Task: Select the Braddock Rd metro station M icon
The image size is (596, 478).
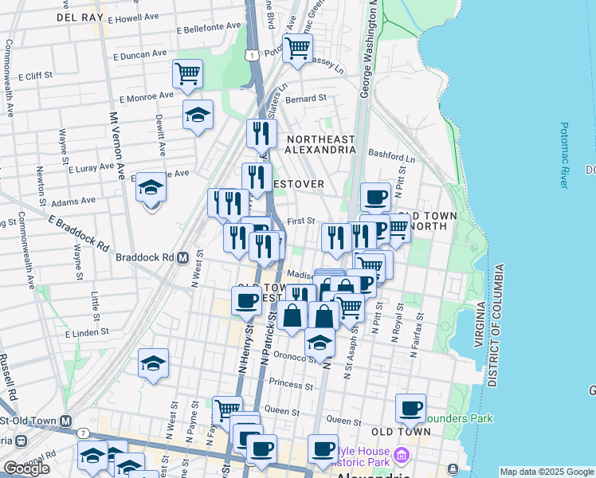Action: [x=182, y=258]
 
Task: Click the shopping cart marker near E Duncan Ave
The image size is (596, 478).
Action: [x=186, y=75]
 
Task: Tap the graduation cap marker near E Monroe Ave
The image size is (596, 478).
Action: [x=198, y=115]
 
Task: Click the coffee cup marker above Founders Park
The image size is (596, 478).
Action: [x=410, y=409]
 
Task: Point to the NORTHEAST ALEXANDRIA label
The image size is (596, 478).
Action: [x=320, y=146]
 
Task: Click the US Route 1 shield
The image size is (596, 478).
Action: [x=252, y=54]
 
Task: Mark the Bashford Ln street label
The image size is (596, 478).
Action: [x=394, y=159]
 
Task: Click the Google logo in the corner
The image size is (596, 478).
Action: [x=26, y=468]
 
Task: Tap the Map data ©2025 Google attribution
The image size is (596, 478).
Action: [x=547, y=472]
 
